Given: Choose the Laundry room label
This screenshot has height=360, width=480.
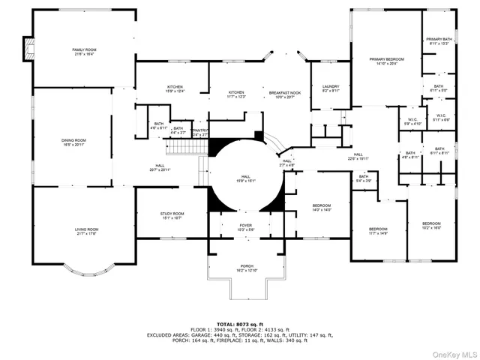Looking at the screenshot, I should tap(331, 88).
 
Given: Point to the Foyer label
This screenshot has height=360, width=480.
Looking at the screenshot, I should tap(246, 226).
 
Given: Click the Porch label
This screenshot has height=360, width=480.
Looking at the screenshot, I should tap(246, 267).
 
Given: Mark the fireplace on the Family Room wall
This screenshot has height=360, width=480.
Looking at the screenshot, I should tap(28, 49).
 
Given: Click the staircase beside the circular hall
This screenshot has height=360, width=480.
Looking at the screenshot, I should tap(181, 148).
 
